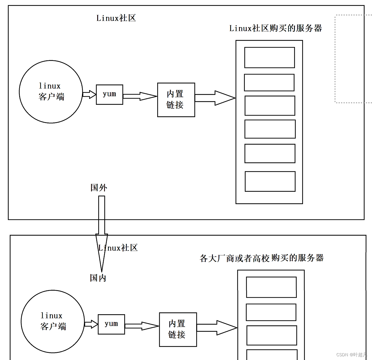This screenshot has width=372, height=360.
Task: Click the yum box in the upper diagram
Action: (x=110, y=95)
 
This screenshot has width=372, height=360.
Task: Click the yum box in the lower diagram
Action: (x=111, y=324)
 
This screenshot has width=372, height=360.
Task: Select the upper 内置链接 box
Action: (x=176, y=100)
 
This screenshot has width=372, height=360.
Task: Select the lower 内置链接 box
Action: (x=178, y=330)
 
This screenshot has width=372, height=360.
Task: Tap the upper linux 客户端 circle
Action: (x=51, y=92)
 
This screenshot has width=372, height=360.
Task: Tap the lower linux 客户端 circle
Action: (x=53, y=322)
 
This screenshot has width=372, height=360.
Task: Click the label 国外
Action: (x=99, y=188)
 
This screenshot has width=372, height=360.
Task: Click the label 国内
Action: (x=98, y=278)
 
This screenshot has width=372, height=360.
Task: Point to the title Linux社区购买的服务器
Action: (x=275, y=28)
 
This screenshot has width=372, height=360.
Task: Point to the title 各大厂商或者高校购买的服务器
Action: (x=262, y=258)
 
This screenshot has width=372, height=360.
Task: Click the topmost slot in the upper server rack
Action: (x=270, y=58)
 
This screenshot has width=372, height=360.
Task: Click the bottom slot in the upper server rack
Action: (x=270, y=182)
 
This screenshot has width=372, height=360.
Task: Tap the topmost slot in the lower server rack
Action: (x=271, y=287)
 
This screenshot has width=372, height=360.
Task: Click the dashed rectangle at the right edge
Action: (x=353, y=59)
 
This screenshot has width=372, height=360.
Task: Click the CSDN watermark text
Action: (x=352, y=355)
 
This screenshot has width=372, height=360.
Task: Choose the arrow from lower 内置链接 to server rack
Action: (x=217, y=328)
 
